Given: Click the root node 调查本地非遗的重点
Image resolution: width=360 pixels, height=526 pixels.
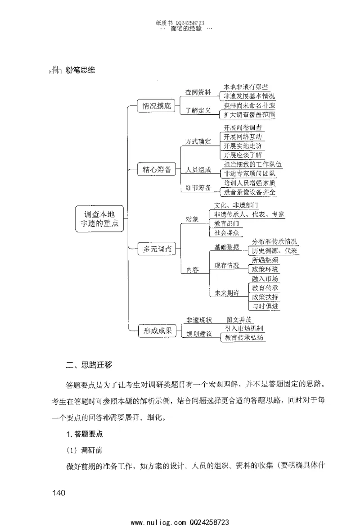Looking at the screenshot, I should point(98,219).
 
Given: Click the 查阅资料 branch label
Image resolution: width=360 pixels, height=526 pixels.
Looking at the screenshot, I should point(198,92).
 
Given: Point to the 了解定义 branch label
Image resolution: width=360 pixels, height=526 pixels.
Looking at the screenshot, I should point(198,111).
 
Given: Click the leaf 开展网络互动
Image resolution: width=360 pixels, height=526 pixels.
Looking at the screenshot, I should point(243,136).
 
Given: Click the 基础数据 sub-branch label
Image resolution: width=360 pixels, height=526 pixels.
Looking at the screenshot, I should point(226,247).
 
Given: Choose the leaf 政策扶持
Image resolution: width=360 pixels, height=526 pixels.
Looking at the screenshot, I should point(265,297).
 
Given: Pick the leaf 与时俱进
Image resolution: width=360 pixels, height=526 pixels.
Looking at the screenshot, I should point(265,306).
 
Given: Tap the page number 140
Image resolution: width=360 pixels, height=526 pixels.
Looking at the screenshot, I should point(59,492).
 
